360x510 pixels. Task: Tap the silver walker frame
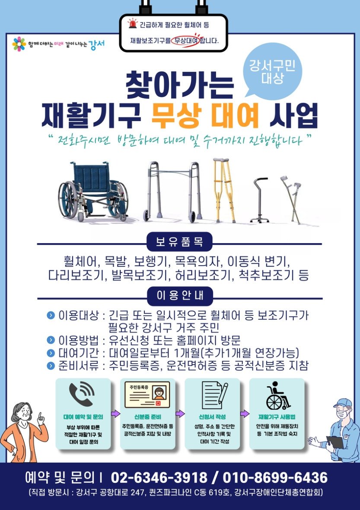click(x=172, y=192)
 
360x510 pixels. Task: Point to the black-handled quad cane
click(x=260, y=200)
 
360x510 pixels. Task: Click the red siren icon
click(x=132, y=23)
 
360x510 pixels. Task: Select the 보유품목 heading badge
click(x=179, y=242)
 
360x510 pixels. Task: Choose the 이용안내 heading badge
click(x=180, y=295)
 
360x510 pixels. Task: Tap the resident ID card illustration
click(x=147, y=395)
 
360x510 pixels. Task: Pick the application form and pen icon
click(x=214, y=395)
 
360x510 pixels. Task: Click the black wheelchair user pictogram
click(x=278, y=395)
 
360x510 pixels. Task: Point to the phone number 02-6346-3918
click(x=159, y=478)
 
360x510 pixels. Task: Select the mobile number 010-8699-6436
click(x=275, y=478)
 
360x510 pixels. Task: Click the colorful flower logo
click(x=19, y=44)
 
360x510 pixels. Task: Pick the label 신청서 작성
click(x=212, y=417)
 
